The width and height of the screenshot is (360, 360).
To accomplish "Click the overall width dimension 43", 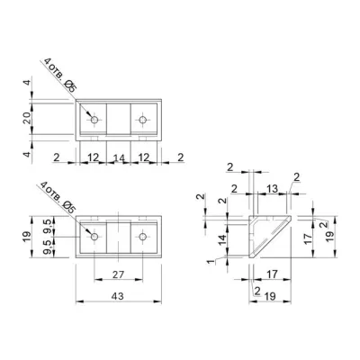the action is click(x=117, y=296).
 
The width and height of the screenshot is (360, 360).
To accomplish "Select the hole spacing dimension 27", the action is click(x=118, y=274).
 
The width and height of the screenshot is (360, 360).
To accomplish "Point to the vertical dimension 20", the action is click(x=27, y=118).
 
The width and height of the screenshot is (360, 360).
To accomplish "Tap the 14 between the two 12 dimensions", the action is click(x=119, y=157).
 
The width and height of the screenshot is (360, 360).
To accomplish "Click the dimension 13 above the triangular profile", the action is click(x=272, y=189).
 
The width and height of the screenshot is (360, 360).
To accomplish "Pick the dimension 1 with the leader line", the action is click(x=211, y=262).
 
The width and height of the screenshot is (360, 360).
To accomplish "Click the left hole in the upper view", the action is click(x=94, y=120).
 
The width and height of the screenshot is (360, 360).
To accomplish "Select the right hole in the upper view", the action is click(x=143, y=120).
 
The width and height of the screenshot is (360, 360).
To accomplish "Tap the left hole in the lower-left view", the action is click(x=94, y=237).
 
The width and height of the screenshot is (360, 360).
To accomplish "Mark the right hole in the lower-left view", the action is click(x=143, y=237).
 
